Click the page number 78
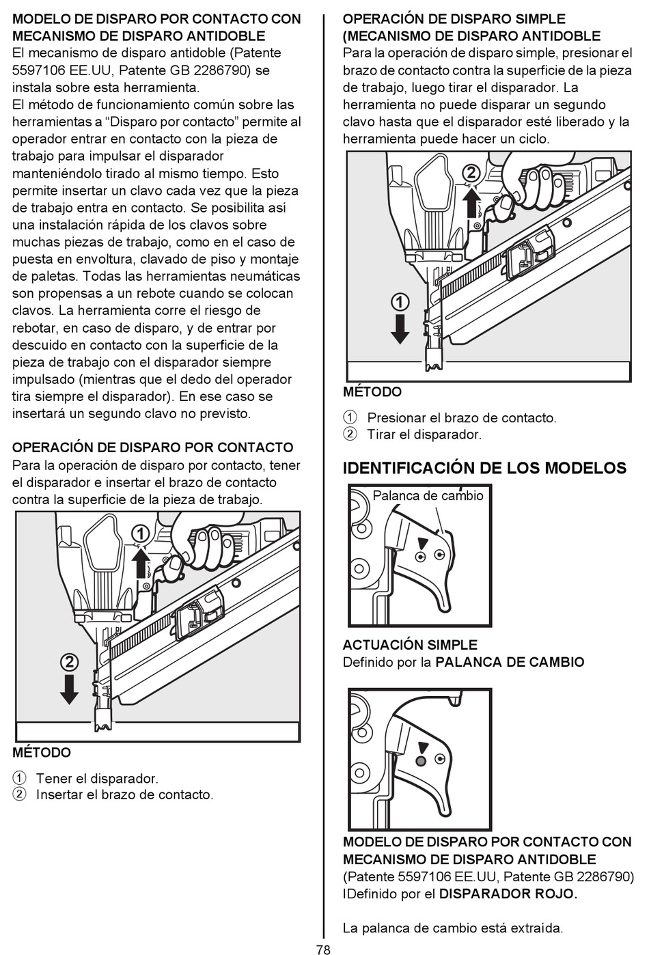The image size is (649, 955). pos(323,949)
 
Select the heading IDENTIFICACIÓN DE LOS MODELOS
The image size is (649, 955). pos(484,468)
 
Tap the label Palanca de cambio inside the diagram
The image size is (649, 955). pos(428,496)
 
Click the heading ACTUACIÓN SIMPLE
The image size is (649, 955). pos(410,645)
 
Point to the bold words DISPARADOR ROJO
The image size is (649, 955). pos(508,894)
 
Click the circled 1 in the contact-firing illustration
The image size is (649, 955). pos(140,533)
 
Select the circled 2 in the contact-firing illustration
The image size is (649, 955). pos(69,662)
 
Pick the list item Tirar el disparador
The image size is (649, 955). pos(424,434)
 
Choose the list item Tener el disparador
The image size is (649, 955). pos(97,778)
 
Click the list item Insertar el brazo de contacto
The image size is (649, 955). pos(124,795)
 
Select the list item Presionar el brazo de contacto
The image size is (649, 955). pos(462,417)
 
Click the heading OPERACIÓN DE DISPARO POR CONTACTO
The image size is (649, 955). pos(153,447)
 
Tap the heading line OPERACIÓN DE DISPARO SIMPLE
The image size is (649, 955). pos(454,18)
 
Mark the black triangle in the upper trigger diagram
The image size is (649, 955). pos(423,542)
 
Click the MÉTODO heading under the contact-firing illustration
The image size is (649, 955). pos(42,753)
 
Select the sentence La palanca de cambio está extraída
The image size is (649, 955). pos(453,928)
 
